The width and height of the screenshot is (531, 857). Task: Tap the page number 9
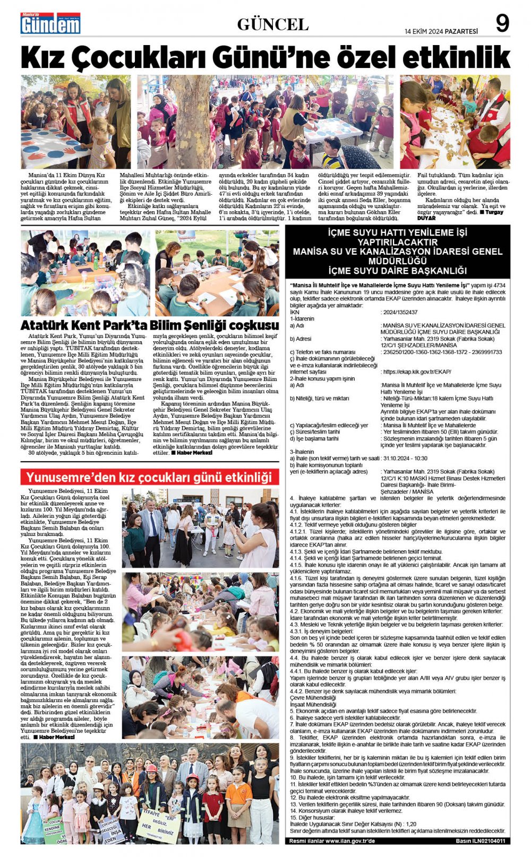(x=502, y=24)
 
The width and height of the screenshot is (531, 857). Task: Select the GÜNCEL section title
(x=272, y=24)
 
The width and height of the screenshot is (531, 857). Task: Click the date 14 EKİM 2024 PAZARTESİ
(x=441, y=31)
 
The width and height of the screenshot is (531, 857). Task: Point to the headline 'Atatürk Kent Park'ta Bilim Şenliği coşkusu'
(x=150, y=325)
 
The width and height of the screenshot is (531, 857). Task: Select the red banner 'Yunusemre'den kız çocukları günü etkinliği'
(x=149, y=478)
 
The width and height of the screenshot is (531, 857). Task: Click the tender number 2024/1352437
(x=399, y=313)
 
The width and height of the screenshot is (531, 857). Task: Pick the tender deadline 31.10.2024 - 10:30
(x=405, y=458)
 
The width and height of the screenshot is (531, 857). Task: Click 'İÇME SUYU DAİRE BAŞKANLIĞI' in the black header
(x=397, y=271)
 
